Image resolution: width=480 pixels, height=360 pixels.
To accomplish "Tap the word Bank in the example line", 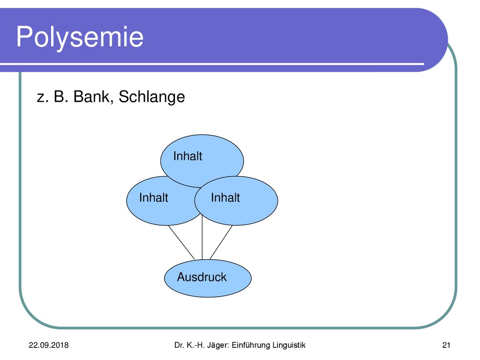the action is tap(91, 97).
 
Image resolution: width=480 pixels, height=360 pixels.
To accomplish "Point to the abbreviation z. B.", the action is tap(52, 97).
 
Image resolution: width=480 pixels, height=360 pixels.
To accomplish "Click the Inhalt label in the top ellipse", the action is tap(187, 156).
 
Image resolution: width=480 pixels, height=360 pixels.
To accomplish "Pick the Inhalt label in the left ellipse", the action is tap(153, 198).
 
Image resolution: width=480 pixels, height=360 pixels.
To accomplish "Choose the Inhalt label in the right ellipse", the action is tap(225, 198).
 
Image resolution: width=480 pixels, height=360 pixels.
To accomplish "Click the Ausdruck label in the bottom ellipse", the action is tap(202, 277).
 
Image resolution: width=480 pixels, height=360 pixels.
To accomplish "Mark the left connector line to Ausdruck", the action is tap(181, 242).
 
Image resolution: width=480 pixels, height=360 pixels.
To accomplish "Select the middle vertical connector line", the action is tap(202, 237).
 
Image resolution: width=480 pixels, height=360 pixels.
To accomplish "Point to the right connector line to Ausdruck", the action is tap(221, 242).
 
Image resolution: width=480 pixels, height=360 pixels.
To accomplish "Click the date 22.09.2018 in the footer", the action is tap(49, 345).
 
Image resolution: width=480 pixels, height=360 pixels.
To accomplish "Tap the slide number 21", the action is tap(446, 345).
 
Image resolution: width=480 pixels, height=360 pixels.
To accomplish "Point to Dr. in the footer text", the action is tap(179, 345).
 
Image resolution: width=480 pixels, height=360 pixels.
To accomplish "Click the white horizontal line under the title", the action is tap(212, 64).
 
